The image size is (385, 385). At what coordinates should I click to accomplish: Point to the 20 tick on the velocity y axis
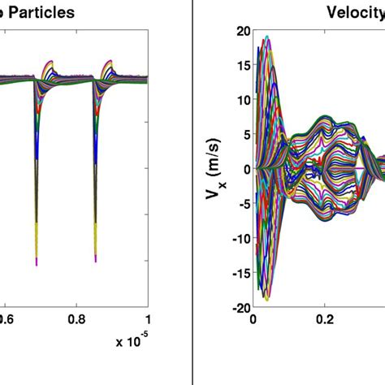click(241, 31)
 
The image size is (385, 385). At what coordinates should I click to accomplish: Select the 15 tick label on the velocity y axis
click(241, 66)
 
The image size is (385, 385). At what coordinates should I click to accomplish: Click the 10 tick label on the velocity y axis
click(241, 100)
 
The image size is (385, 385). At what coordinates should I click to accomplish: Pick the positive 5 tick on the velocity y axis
click(244, 135)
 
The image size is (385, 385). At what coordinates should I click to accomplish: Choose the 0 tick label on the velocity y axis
click(244, 169)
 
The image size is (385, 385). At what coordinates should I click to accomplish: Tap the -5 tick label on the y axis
click(242, 204)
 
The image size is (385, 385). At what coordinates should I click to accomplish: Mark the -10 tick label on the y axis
click(240, 239)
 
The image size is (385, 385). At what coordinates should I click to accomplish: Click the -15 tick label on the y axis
click(240, 273)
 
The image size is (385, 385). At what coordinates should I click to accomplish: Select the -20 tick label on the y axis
click(240, 308)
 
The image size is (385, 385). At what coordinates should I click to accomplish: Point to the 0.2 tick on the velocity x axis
click(325, 320)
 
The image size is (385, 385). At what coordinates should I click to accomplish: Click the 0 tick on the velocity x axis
click(253, 320)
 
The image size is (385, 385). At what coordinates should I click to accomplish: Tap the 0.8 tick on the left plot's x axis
click(77, 320)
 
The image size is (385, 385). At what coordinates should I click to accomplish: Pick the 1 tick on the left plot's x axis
click(147, 320)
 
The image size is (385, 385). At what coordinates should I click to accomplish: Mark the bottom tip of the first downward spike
click(37, 262)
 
